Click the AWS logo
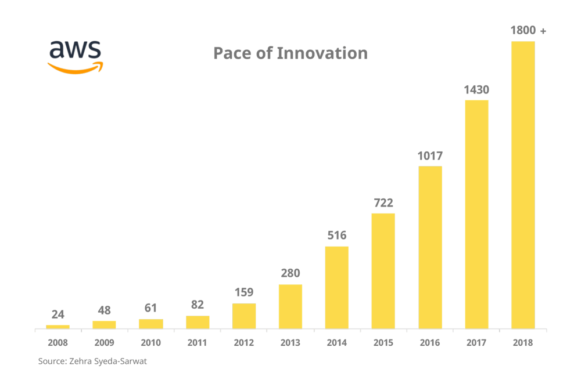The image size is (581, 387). click(x=75, y=56)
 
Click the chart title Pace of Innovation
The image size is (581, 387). click(x=290, y=53)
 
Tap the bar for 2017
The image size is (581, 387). click(x=476, y=214)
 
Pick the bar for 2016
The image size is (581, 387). click(x=430, y=247)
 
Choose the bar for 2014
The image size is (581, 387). click(x=337, y=287)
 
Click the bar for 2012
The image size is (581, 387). click(x=244, y=316)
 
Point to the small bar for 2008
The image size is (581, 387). click(x=58, y=326)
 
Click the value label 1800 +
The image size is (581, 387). click(x=528, y=31)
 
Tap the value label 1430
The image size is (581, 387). click(x=476, y=90)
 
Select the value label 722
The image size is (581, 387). click(x=383, y=203)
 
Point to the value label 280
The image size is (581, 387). click(x=290, y=274)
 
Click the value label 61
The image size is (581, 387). click(x=151, y=308)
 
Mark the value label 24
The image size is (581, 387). click(x=58, y=314)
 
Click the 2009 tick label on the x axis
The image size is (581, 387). click(x=105, y=343)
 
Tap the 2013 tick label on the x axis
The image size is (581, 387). click(x=290, y=343)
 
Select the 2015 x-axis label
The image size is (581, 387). click(x=383, y=343)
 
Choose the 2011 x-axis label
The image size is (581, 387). click(x=198, y=343)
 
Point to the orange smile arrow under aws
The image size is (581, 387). click(x=75, y=68)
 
